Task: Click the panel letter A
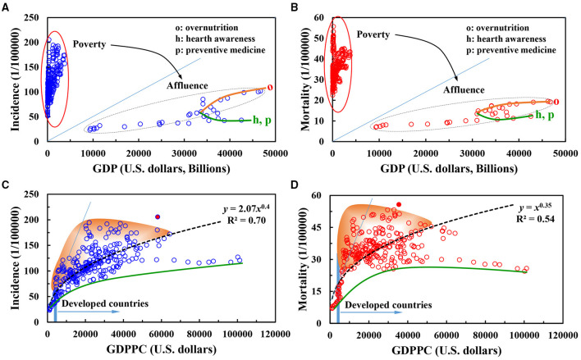(6, 7)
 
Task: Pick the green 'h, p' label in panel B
(547, 115)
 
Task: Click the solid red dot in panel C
(157, 216)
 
